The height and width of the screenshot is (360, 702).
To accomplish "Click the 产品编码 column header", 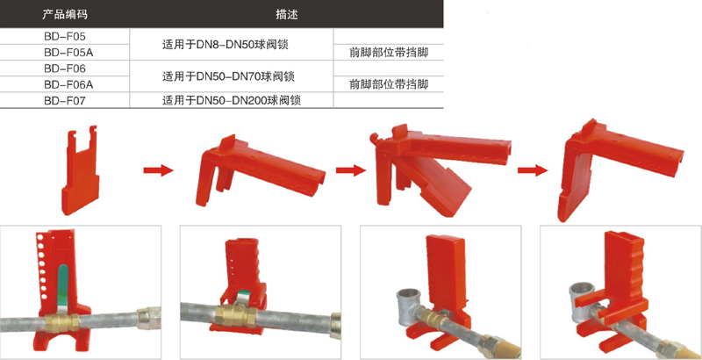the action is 64,14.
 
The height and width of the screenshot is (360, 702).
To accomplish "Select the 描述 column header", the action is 287,14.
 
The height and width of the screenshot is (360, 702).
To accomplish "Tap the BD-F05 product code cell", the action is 64,36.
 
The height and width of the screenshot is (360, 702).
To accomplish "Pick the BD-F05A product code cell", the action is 68,53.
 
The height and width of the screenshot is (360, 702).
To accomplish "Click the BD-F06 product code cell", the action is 64,68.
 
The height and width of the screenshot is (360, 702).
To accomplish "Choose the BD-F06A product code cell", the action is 68,84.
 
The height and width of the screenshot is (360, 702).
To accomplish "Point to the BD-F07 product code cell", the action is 64,100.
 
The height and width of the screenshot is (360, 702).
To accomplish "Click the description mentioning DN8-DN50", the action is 225,44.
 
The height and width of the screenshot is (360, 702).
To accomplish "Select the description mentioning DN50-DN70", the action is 228,76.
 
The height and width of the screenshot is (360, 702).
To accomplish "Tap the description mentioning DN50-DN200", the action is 231,100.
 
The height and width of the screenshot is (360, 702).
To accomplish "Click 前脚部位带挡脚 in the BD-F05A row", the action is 389,53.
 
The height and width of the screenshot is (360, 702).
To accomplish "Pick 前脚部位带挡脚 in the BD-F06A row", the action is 389,84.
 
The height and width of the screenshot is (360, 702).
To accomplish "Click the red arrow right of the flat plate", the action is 158,170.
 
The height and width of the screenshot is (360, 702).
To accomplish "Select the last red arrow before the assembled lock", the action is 533,170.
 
